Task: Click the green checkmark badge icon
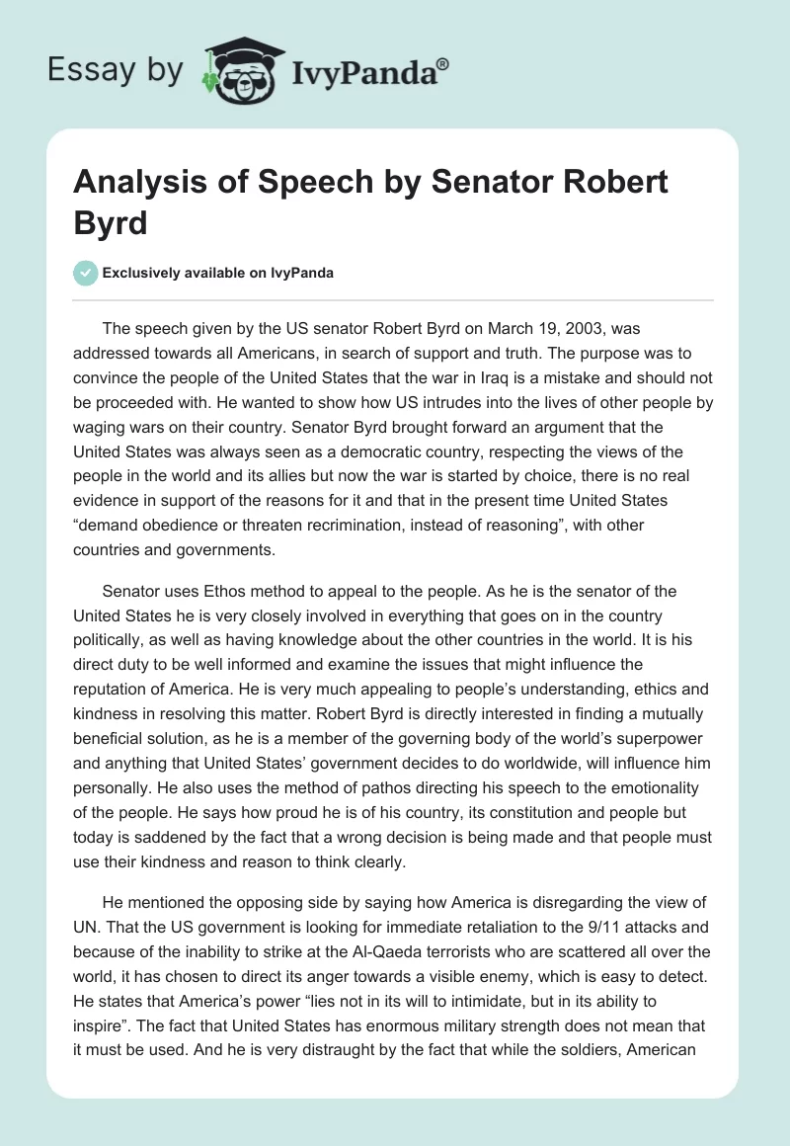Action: [x=86, y=273]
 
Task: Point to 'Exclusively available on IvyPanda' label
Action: [x=218, y=273]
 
